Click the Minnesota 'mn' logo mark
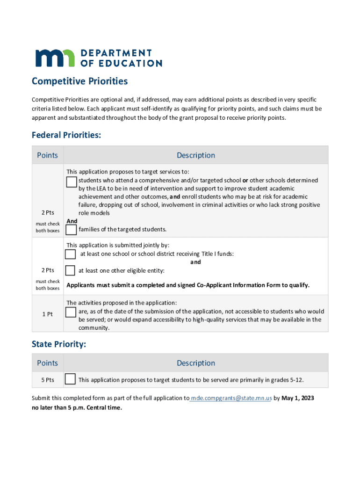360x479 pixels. [x=55, y=58]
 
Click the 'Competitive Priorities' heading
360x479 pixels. [x=79, y=81]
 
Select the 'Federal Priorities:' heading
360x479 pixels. [x=66, y=135]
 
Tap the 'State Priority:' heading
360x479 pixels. [x=59, y=345]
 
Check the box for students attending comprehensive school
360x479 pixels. [x=72, y=182]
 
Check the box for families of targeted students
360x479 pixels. [x=71, y=230]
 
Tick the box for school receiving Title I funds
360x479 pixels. [x=70, y=254]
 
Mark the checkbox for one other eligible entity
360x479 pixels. [x=70, y=270]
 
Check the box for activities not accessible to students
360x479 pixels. [x=71, y=312]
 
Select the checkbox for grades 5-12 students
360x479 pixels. [x=70, y=379]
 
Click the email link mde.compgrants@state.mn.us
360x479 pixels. [x=230, y=398]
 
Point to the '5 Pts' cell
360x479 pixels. [x=47, y=380]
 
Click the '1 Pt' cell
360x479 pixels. [x=47, y=314]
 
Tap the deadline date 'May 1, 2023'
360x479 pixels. [x=298, y=398]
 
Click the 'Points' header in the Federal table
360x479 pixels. [x=47, y=155]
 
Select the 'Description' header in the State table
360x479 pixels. [x=195, y=363]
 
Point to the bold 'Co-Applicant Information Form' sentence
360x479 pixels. [x=188, y=285]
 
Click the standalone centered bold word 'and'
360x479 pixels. [x=195, y=262]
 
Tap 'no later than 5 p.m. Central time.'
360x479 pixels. [x=77, y=407]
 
